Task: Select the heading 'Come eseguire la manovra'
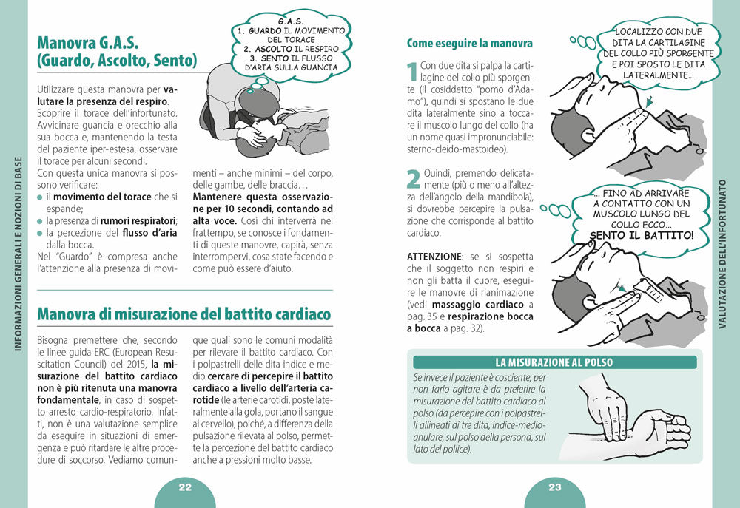470,44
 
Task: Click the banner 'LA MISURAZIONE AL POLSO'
554,362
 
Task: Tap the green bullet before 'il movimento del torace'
40,197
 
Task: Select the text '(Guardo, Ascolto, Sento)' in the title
116,60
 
